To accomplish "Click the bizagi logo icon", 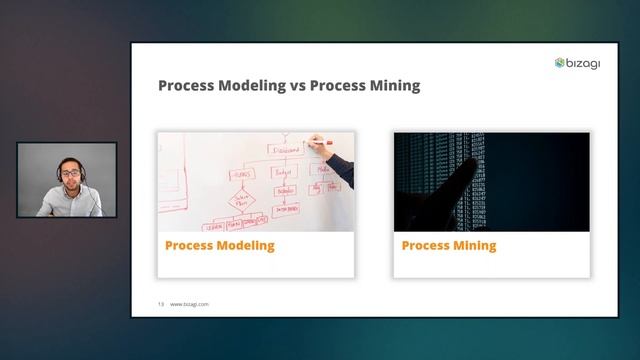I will coord(561,63).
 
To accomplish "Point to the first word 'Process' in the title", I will coord(186,86).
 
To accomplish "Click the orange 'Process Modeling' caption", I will coord(219,245).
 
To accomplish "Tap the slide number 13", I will coord(160,303).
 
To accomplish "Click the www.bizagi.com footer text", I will coord(190,303).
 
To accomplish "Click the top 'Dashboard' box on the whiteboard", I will coord(285,149).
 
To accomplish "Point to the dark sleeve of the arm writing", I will coord(342,171).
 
